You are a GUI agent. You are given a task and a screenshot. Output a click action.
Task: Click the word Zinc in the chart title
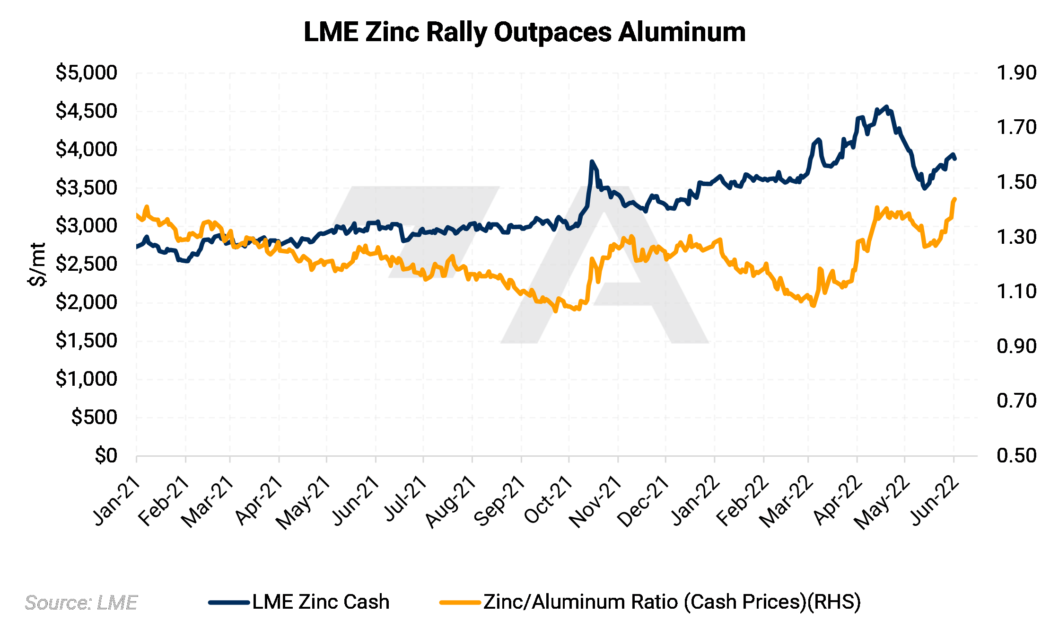pos(392,32)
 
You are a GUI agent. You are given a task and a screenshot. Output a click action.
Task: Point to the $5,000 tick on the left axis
pos(86,73)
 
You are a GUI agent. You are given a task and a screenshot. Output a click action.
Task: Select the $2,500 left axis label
pos(86,264)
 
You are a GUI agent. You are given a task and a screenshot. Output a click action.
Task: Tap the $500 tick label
pos(94,417)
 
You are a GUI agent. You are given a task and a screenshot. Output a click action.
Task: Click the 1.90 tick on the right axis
pos(1016,73)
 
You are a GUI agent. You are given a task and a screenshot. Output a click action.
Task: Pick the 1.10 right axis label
pos(1016,292)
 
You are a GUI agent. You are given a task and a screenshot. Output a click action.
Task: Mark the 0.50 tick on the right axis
pos(1016,455)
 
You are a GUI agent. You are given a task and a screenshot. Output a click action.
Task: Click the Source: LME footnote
pos(81,603)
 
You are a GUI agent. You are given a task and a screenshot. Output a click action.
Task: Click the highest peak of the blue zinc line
pos(886,106)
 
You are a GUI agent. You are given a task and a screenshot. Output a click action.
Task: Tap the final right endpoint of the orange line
pos(955,199)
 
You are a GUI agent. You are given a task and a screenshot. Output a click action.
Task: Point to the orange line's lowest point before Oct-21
pos(556,311)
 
